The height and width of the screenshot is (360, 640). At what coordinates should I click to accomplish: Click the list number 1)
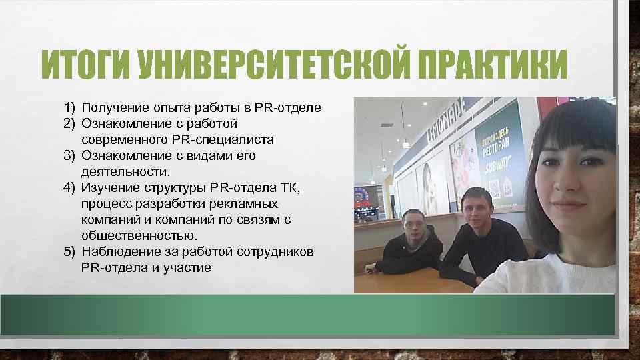[71, 107]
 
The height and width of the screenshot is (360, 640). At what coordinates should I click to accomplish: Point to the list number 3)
[71, 155]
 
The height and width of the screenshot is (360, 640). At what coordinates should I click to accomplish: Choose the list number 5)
[71, 251]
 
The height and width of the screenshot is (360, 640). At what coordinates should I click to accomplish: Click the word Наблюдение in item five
[119, 251]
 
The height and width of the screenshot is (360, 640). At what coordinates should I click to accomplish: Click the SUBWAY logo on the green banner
[499, 163]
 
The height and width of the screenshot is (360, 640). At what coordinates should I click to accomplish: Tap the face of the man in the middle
[480, 207]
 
